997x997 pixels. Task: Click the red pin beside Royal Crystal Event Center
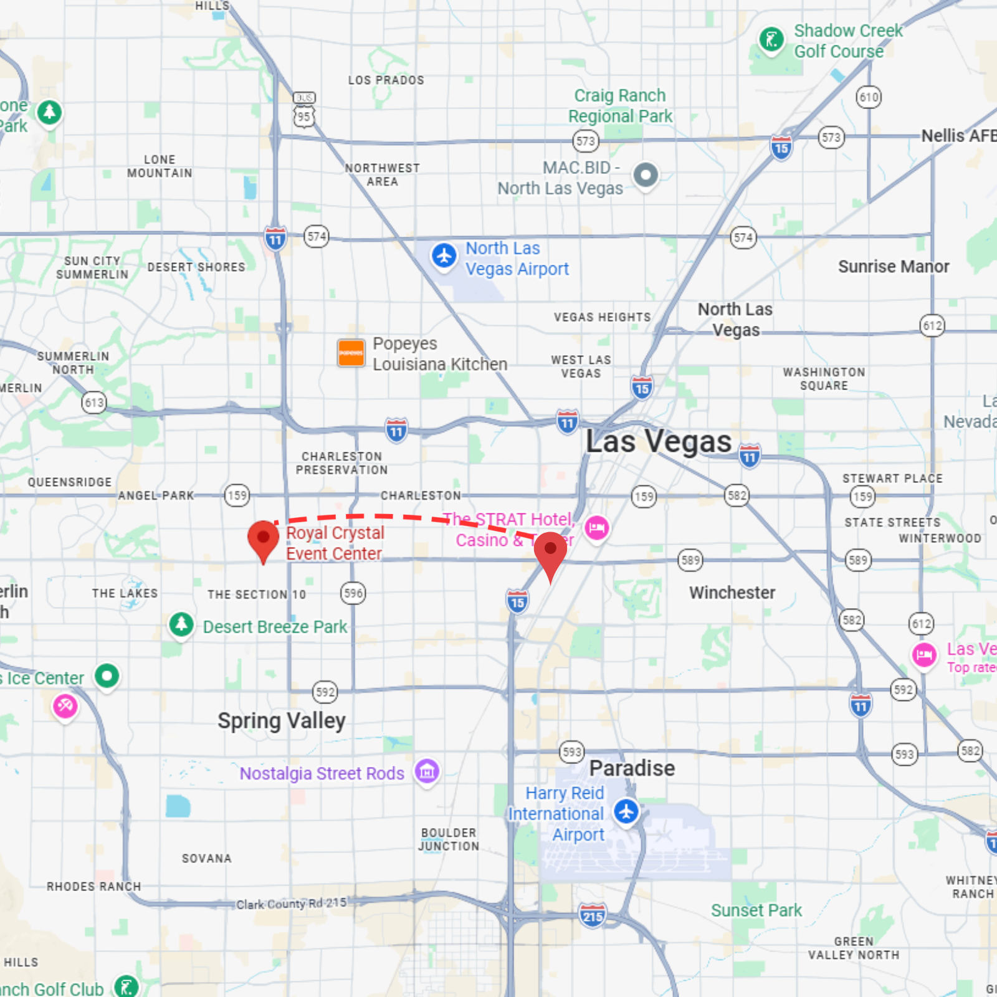[x=263, y=539]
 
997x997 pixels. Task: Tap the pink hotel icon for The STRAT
[x=596, y=528]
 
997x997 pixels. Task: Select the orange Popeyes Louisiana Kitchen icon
[x=351, y=353]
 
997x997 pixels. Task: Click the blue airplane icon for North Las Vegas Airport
[x=444, y=256]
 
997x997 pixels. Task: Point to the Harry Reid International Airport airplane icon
[x=626, y=811]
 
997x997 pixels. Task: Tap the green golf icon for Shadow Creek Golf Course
[x=771, y=40]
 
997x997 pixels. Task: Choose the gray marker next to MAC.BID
[x=646, y=175]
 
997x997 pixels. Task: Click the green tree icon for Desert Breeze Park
[x=181, y=624]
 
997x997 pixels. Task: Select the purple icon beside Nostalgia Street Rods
[x=427, y=772]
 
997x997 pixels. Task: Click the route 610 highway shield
[x=869, y=97]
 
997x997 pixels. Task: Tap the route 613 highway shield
[x=94, y=403]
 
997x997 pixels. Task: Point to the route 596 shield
[x=353, y=593]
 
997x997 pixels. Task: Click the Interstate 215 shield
[x=592, y=915]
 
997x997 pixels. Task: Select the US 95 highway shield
[x=304, y=116]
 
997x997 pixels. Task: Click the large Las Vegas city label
[x=659, y=442]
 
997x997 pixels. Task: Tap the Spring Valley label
[x=281, y=721]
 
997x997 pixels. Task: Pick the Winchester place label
[x=732, y=593]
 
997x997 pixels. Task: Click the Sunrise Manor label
[x=894, y=267]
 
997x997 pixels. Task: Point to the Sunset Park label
[x=756, y=910]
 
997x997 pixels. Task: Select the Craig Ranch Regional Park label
[x=620, y=106]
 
